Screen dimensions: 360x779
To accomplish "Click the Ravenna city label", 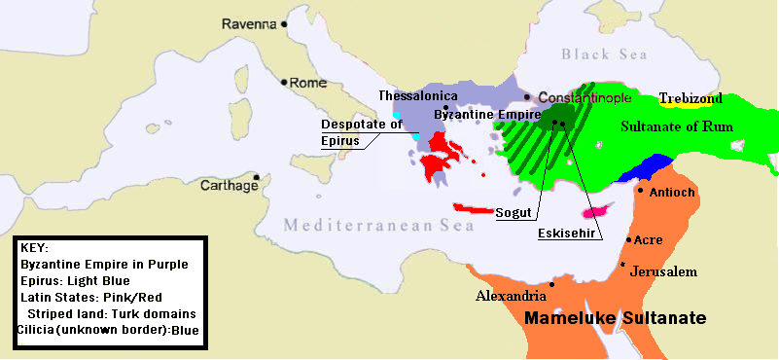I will point(248,22).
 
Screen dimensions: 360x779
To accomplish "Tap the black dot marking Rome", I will point(284,83).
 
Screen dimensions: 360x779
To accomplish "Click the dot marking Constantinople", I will point(528,97).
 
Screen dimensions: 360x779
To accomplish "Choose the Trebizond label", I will point(691,98).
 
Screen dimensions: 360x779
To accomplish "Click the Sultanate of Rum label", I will point(679,126).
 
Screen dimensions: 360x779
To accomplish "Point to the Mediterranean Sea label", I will point(378,226).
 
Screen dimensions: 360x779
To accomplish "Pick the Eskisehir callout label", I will point(569,234).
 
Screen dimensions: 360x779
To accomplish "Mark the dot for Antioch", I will point(640,191).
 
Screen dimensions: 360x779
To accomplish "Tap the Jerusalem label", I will point(664,271).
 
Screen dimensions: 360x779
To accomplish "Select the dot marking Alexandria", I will point(552,284).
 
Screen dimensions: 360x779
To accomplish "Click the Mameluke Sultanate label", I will point(615,318).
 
